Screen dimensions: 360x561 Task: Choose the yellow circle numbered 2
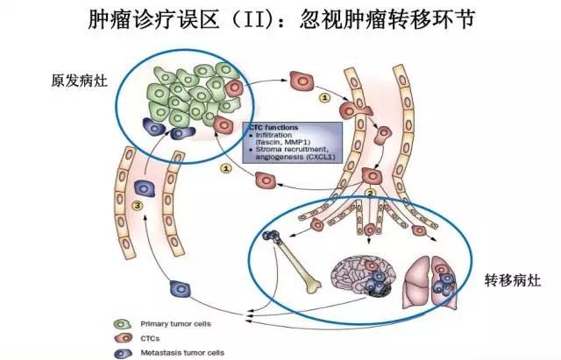point(371,194)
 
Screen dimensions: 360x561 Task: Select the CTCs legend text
point(169,336)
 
